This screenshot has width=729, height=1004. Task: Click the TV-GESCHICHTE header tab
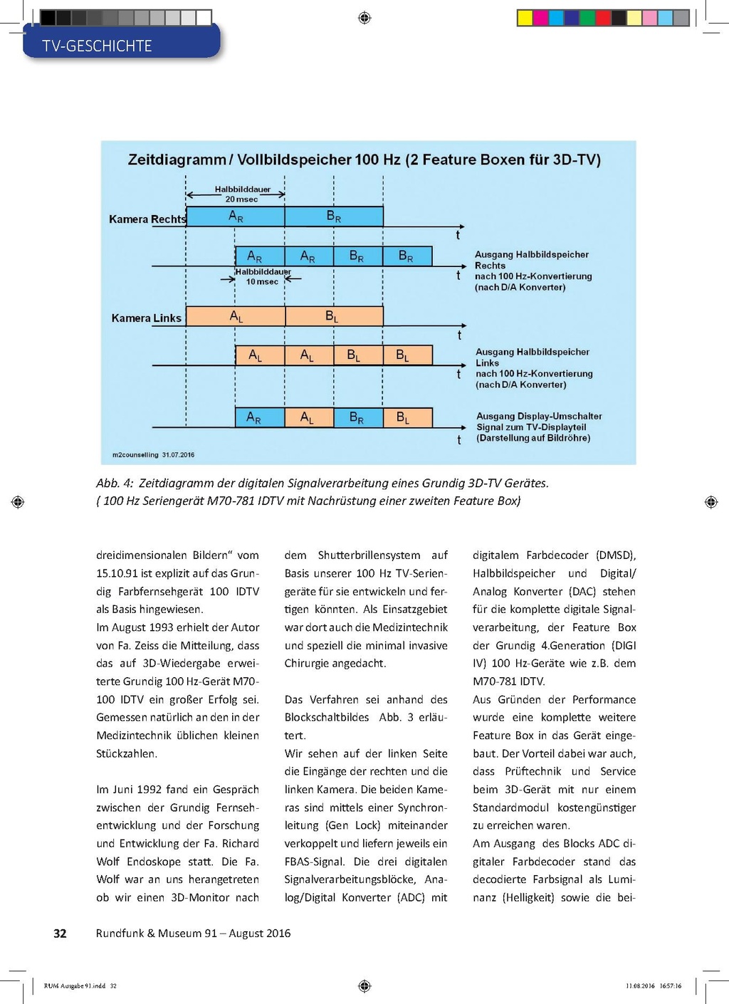(x=98, y=46)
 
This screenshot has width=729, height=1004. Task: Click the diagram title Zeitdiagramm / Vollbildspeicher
(x=364, y=160)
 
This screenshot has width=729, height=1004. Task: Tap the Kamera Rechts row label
(x=147, y=219)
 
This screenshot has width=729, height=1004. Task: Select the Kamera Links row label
(x=146, y=318)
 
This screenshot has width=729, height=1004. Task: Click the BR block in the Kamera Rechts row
(x=334, y=216)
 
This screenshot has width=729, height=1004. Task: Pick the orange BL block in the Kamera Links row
(x=332, y=316)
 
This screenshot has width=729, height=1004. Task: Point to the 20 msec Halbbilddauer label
(x=242, y=194)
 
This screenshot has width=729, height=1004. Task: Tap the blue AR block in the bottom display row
(x=254, y=418)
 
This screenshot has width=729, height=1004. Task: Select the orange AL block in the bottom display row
(x=308, y=418)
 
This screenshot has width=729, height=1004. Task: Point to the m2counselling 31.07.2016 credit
(x=153, y=454)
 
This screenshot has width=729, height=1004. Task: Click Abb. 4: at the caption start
(x=115, y=483)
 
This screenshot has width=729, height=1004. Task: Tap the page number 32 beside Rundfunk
(x=61, y=934)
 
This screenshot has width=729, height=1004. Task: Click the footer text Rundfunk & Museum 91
(x=156, y=934)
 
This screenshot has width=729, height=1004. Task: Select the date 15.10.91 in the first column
(x=117, y=573)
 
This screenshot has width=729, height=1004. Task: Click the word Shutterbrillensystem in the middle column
(x=369, y=555)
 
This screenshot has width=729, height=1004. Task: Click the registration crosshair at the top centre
(x=364, y=18)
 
